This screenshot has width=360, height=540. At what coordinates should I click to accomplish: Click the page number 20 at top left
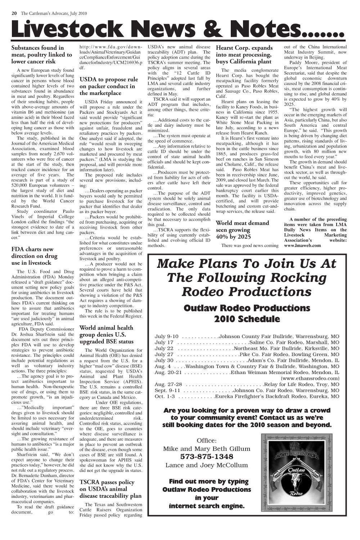tap(14, 13)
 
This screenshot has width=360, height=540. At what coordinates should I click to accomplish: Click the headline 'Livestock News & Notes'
tap(176, 29)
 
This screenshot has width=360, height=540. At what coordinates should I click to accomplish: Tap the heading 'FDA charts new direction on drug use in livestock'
tap(34, 256)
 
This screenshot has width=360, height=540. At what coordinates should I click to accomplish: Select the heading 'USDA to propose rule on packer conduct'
tap(108, 86)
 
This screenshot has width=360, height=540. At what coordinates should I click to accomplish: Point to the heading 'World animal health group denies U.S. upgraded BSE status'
tap(106, 334)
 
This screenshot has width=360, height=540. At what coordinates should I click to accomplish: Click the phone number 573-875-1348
tap(207, 456)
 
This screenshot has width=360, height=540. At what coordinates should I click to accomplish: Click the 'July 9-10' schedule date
tap(166, 337)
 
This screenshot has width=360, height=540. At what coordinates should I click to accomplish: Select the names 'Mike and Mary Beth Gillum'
tap(207, 449)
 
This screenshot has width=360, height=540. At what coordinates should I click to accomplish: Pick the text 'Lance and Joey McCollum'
tap(207, 465)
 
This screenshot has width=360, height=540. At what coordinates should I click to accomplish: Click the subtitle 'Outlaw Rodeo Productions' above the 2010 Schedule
tap(247, 308)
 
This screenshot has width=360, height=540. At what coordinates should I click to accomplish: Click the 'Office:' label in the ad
tap(207, 441)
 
